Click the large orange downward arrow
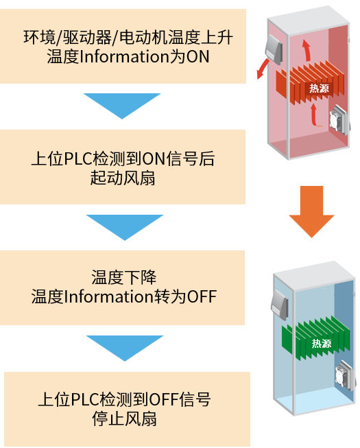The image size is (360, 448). point(311,211)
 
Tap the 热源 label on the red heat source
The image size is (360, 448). point(319,88)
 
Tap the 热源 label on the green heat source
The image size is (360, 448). point(322,343)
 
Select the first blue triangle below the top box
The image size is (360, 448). point(122,106)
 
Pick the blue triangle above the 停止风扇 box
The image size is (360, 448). point(125,348)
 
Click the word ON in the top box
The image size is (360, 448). point(198,56)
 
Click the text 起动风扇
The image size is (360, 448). point(123,178)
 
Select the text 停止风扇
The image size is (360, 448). point(125,418)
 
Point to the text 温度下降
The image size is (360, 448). point(124,277)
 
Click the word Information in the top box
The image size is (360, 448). point(125,56)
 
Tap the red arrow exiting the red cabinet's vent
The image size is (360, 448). point(263,69)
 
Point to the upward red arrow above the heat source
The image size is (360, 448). point(307,50)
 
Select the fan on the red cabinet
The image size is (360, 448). point(339,120)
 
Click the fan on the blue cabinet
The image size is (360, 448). point(346,375)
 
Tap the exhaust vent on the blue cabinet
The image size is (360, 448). point(280,305)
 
